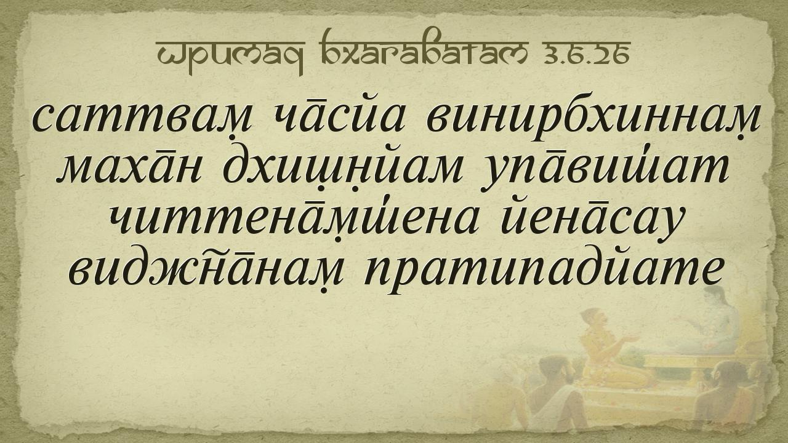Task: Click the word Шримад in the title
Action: click(230, 56)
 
